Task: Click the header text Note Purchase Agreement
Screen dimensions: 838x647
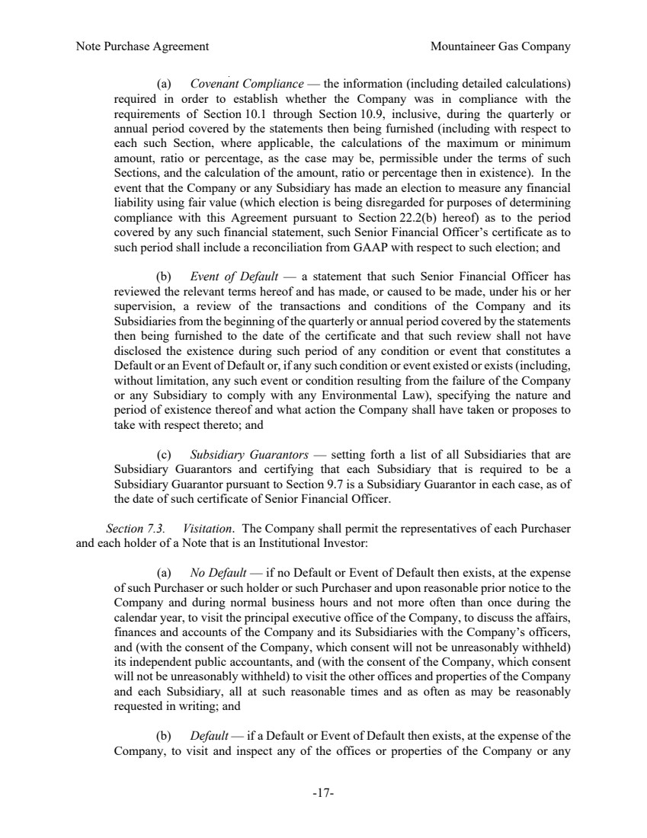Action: point(143,46)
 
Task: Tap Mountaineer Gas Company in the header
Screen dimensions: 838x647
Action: point(500,46)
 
